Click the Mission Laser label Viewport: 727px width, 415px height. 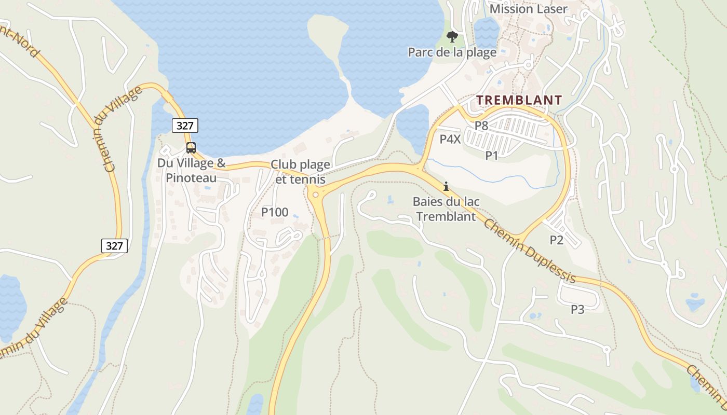tap(528, 9)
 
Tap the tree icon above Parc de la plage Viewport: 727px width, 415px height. tap(452, 36)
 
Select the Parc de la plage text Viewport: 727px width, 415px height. tap(452, 52)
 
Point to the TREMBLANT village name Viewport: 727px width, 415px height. tap(519, 100)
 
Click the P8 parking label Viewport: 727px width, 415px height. tap(481, 126)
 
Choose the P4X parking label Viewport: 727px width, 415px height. tap(450, 139)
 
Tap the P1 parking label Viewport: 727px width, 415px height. tap(492, 155)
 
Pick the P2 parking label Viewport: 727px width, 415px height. tap(556, 240)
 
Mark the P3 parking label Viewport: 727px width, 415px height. tap(577, 310)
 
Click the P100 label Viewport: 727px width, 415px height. tap(275, 212)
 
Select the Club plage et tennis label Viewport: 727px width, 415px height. tap(300, 172)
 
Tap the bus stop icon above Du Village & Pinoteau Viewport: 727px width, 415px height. tap(191, 148)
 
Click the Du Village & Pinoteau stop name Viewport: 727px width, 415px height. tap(192, 171)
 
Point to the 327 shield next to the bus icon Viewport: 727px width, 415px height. tap(185, 126)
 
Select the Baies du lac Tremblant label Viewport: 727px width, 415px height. tap(446, 209)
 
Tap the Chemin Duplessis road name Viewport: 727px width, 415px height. tap(530, 251)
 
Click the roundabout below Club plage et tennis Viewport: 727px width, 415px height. tap(314, 195)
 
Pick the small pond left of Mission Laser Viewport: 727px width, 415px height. tap(486, 31)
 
